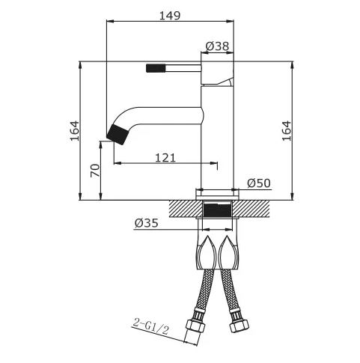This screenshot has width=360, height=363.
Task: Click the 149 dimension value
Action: pos(169,16)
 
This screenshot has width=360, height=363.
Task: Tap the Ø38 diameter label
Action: pos(217,46)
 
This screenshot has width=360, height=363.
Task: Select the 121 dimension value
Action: pos(165,158)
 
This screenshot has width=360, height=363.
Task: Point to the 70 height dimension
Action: pos(95,171)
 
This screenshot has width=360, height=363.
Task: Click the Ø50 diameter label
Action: pos(259,183)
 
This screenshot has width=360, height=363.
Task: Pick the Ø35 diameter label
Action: pos(147,223)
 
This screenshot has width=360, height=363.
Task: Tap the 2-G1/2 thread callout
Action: pos(150,326)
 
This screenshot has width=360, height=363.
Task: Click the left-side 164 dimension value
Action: pos(74,131)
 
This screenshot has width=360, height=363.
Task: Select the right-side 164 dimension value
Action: pos(287,131)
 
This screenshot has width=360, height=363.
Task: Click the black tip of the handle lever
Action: pos(156,68)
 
